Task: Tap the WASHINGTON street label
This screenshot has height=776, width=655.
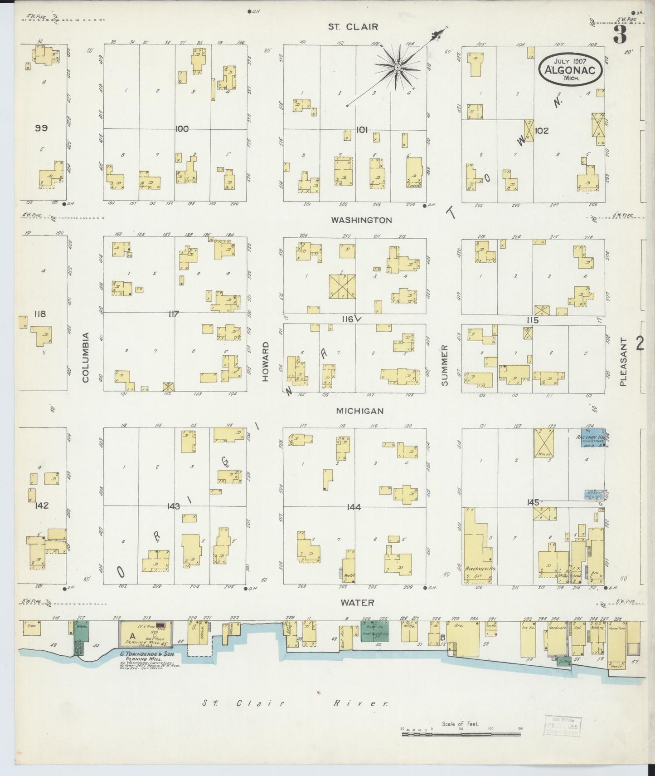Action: click(361, 220)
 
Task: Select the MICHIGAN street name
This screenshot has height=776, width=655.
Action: click(360, 411)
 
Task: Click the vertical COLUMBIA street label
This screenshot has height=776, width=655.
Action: click(86, 357)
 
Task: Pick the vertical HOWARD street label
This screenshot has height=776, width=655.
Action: click(266, 362)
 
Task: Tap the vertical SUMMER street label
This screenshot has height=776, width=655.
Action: click(444, 366)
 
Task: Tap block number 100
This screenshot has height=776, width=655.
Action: click(182, 129)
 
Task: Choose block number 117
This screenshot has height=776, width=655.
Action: click(174, 314)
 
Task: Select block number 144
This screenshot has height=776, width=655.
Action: click(353, 507)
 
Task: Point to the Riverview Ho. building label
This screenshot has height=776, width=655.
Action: click(478, 568)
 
